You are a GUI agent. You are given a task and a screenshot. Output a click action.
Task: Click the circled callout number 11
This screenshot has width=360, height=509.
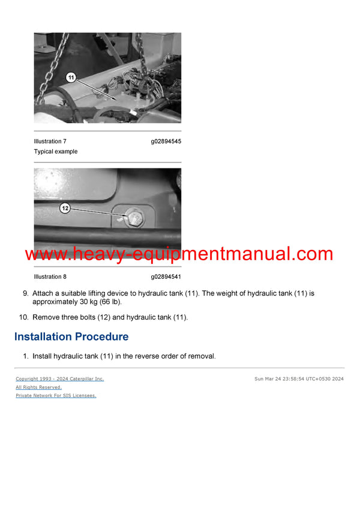click(71, 77)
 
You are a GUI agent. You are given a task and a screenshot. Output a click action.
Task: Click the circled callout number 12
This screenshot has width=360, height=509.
click(65, 208)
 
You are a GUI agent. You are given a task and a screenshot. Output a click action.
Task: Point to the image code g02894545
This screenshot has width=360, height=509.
click(166, 141)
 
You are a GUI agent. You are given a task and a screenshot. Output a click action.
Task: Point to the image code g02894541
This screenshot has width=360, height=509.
click(166, 277)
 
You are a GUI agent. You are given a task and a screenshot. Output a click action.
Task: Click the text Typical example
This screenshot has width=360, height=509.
click(56, 152)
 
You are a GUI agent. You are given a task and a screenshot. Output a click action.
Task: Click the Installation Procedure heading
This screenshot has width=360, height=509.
click(71, 337)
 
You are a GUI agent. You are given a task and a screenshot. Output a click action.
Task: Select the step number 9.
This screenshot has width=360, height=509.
click(25, 294)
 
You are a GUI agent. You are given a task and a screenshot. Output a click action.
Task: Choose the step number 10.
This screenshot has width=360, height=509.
click(23, 317)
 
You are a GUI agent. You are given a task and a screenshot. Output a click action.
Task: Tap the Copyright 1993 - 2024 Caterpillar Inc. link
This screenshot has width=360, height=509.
click(59, 379)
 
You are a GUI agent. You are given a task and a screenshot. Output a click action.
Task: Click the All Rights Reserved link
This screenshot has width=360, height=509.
click(38, 387)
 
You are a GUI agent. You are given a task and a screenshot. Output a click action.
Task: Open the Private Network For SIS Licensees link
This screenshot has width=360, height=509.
click(56, 396)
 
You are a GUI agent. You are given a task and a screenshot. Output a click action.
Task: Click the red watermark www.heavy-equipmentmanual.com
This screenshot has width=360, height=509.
click(179, 254)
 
